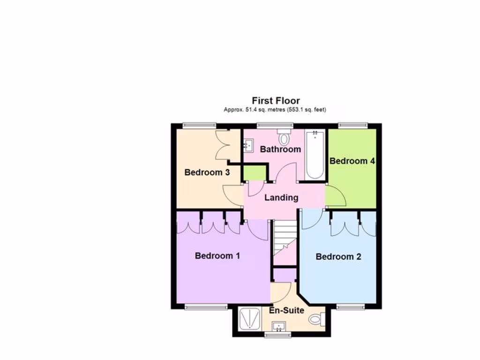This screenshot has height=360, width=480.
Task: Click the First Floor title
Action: click(x=276, y=100)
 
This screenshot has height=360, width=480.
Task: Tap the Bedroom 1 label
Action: click(x=217, y=255)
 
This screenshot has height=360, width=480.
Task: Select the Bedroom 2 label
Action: click(x=338, y=256)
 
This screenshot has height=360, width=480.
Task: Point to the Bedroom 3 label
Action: click(x=207, y=172)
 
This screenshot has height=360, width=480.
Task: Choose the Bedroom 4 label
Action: click(x=352, y=161)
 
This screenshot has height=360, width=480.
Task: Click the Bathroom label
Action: click(x=280, y=149)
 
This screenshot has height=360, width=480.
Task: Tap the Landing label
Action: click(x=281, y=197)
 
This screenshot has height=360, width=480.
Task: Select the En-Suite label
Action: click(x=286, y=310)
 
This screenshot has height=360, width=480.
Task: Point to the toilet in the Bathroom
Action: click(x=284, y=138)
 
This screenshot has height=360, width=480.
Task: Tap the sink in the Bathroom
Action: click(x=248, y=145)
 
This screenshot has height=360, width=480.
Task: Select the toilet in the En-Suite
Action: click(x=316, y=319)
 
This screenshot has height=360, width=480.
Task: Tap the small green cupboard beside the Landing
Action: click(x=254, y=173)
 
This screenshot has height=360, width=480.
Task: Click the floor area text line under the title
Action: click(x=275, y=110)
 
